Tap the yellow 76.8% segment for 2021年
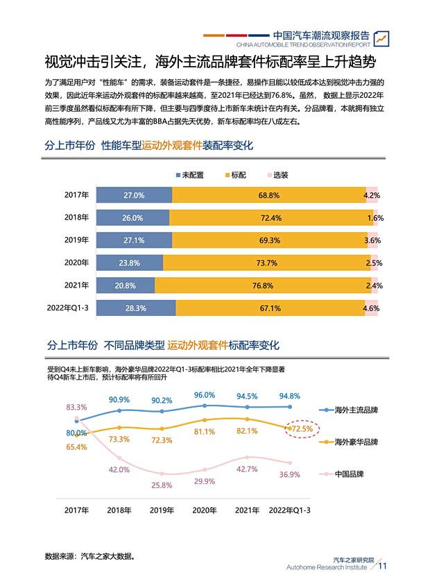point(263,285)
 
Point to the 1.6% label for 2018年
point(375,218)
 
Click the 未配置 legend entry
point(189,175)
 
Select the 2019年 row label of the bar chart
point(76,240)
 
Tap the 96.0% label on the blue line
point(205,395)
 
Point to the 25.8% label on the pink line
point(162,485)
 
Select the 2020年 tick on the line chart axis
point(205,510)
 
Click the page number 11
point(382,566)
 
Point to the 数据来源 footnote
point(89,556)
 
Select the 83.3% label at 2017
point(76,407)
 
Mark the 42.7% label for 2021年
point(247,469)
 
